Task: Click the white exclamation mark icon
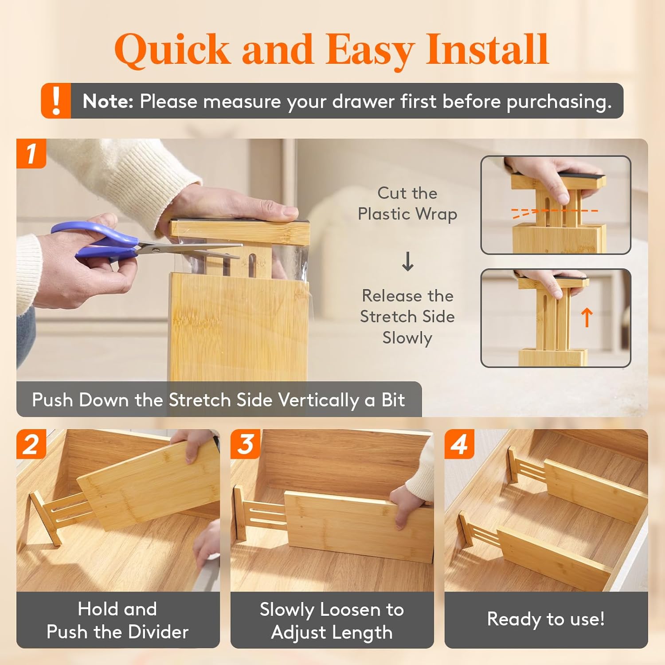click(56, 101)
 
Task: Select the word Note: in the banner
click(108, 101)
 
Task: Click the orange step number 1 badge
click(31, 153)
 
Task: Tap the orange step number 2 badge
click(31, 444)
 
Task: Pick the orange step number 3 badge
click(245, 444)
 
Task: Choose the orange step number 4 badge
click(459, 444)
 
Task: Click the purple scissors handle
click(95, 242)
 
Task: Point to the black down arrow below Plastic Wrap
click(407, 261)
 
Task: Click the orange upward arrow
click(587, 317)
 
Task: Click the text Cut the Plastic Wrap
click(407, 203)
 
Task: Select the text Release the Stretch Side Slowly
click(407, 317)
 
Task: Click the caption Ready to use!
click(546, 619)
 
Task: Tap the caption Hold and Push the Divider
click(117, 620)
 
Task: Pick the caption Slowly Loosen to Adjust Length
click(332, 621)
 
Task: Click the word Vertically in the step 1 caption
click(318, 400)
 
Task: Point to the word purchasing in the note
click(559, 102)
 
